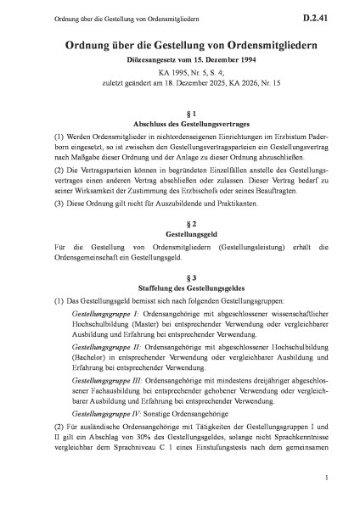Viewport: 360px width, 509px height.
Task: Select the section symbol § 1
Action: pyautogui.click(x=180, y=113)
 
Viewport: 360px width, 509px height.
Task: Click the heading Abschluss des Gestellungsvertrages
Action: pyautogui.click(x=180, y=125)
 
